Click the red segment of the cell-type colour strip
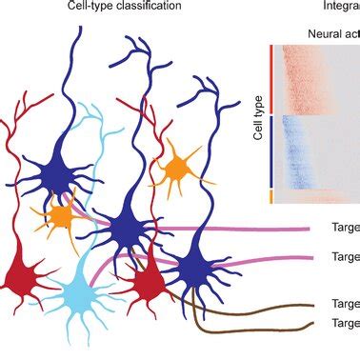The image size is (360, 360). coord(271,78)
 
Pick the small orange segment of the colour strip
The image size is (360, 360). coord(271,196)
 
